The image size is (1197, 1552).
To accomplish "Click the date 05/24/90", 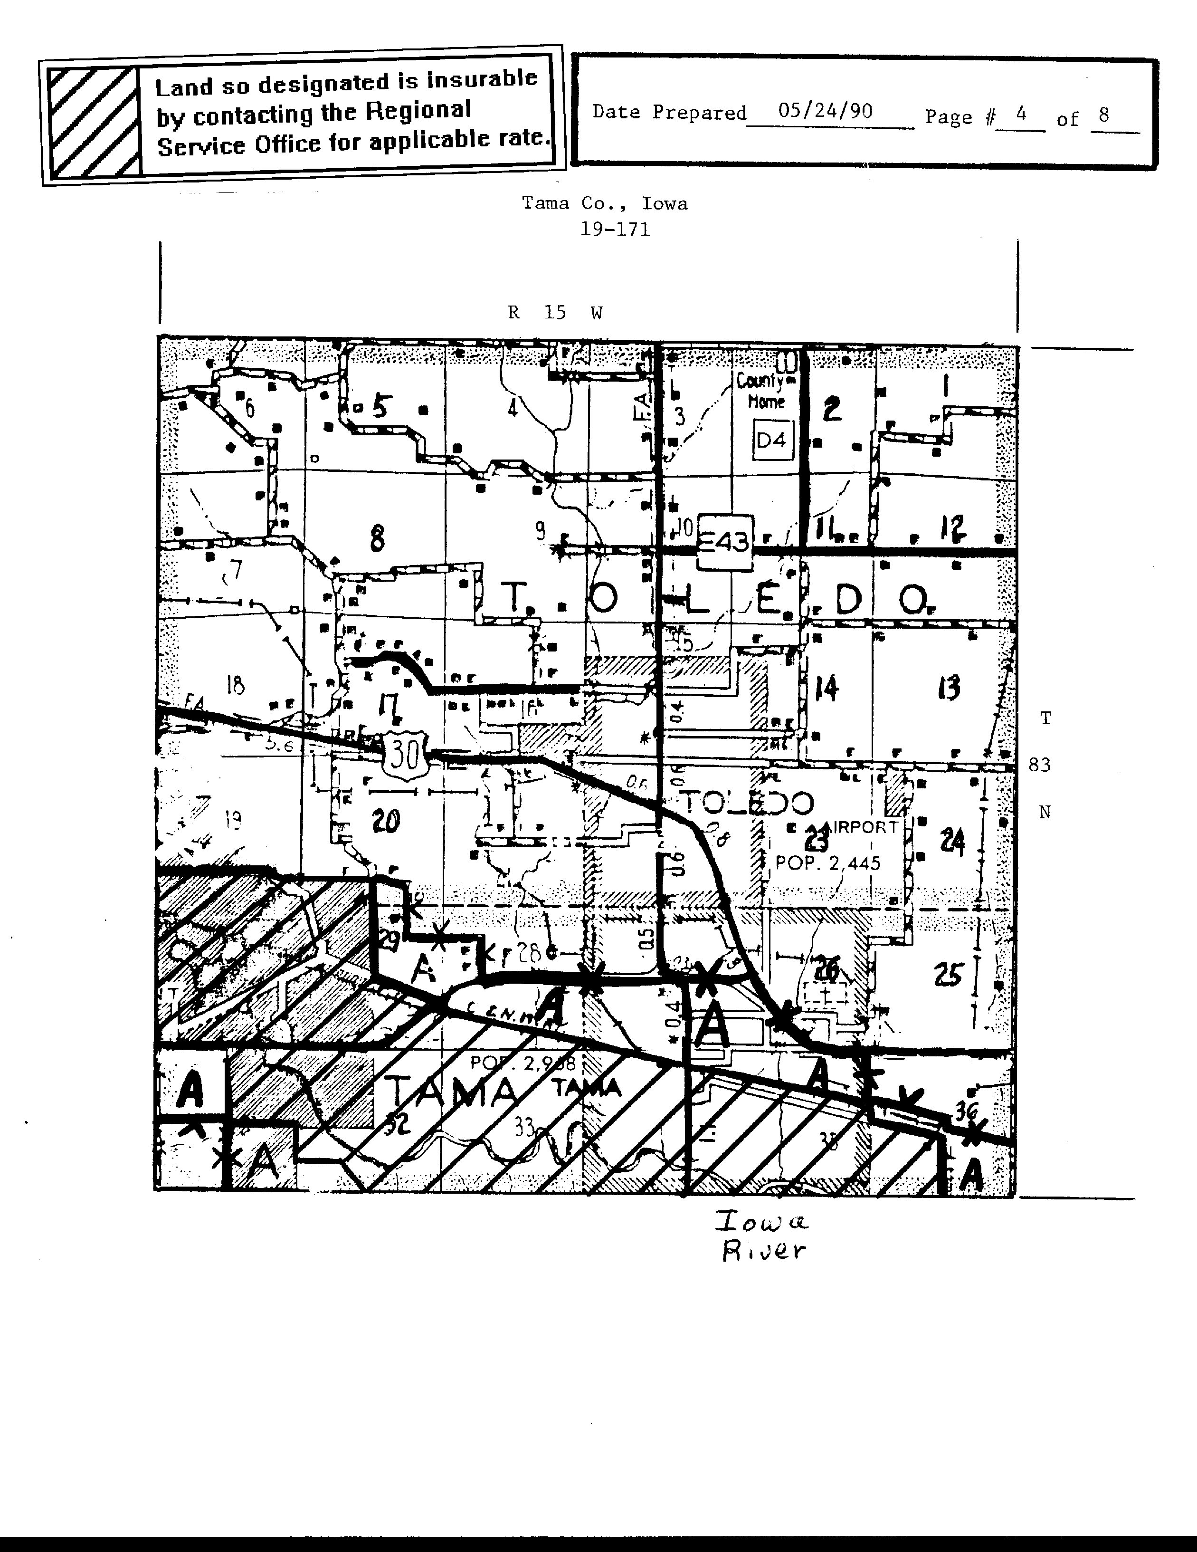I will pyautogui.click(x=825, y=111).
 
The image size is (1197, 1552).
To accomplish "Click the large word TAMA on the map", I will pyautogui.click(x=453, y=1092).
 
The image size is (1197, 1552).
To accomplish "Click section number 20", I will pyautogui.click(x=386, y=822).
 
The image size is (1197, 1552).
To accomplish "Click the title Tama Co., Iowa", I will pyautogui.click(x=605, y=204).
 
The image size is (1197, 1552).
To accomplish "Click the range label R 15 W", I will pyautogui.click(x=555, y=313).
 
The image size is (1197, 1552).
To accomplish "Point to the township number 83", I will pyautogui.click(x=1039, y=766).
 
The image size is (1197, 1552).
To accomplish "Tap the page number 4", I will pyautogui.click(x=1021, y=114).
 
